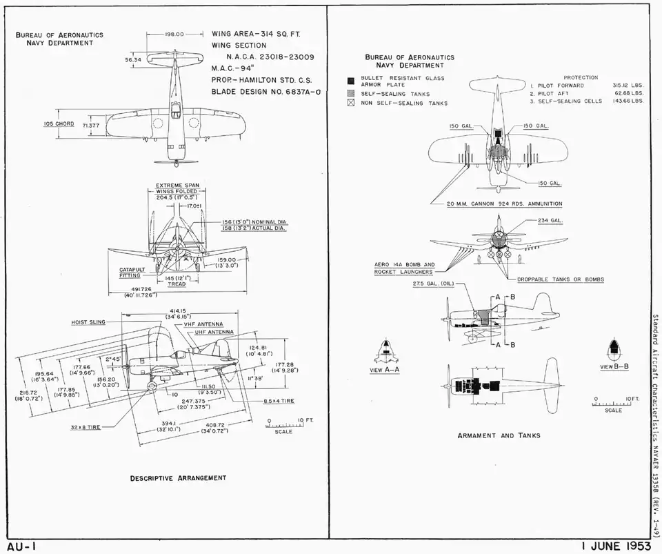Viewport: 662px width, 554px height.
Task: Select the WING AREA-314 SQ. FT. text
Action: (256, 33)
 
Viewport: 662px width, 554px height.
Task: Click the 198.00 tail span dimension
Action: (174, 34)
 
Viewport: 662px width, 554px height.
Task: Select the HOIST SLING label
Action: (88, 322)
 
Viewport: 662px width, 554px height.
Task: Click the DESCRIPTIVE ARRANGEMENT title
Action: (178, 477)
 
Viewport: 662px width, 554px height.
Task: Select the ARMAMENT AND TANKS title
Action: (499, 435)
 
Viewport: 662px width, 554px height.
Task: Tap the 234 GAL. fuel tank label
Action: (550, 221)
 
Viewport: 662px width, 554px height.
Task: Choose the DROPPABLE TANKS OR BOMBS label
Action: (561, 279)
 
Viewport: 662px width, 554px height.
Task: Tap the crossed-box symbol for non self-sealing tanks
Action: (351, 103)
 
